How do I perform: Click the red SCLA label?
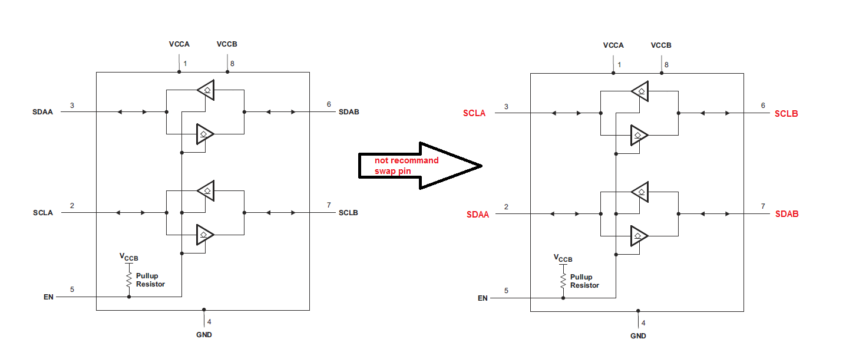point(474,113)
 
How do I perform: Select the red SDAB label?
point(787,214)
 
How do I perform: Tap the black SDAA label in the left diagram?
point(42,112)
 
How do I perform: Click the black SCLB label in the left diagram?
point(348,212)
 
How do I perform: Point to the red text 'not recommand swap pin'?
point(407,166)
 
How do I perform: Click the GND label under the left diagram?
point(203,335)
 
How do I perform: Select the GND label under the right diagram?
point(638,336)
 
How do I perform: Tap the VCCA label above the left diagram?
point(179,44)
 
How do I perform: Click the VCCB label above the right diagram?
point(661,45)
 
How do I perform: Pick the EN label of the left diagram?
point(48,297)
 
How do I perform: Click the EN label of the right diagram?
point(483,298)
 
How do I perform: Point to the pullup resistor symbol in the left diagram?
point(129,280)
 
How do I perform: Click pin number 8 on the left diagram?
point(232,64)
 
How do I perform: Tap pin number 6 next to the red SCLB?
point(763,106)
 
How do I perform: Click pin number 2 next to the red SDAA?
point(506,207)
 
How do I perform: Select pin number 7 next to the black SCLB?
point(329,205)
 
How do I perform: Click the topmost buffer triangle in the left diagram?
point(206,90)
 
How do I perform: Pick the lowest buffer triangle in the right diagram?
point(639,236)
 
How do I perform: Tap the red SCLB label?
point(786,113)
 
